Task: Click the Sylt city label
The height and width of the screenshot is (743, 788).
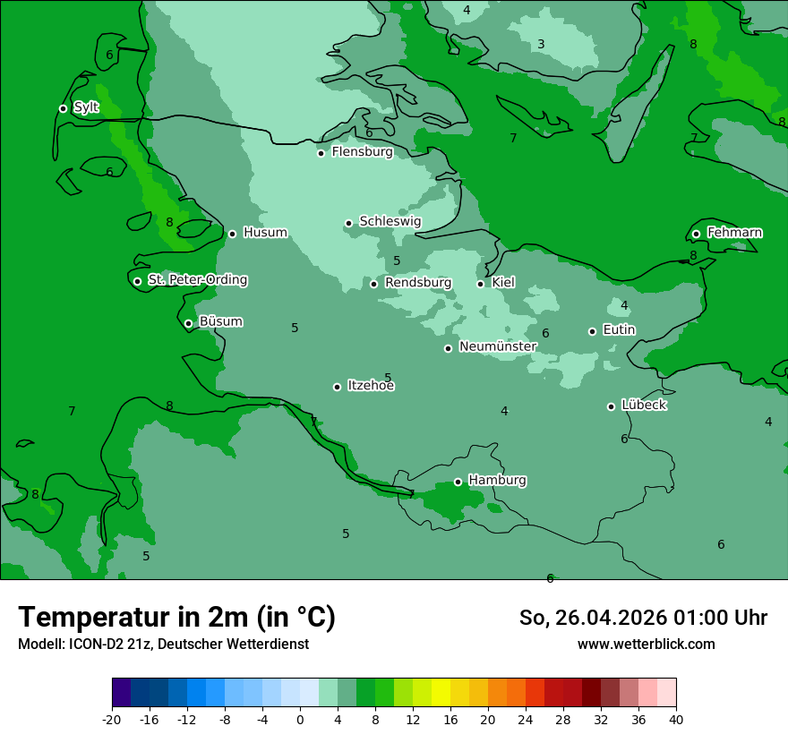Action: [x=86, y=107]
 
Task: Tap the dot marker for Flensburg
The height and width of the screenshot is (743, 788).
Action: [x=321, y=153]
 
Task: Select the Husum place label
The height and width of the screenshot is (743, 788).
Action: [x=265, y=233]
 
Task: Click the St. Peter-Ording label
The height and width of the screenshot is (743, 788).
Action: [x=197, y=280]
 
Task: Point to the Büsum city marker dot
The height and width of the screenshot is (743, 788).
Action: [x=188, y=323]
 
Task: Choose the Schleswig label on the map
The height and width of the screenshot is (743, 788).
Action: [x=390, y=221]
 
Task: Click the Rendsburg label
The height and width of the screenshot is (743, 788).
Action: [x=417, y=283]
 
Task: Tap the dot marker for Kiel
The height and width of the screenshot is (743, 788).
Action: [x=481, y=284]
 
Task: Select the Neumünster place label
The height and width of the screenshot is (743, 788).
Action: [x=498, y=346]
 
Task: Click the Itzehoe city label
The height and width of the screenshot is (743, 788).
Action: [x=371, y=386]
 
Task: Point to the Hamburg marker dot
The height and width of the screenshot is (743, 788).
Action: [x=458, y=482]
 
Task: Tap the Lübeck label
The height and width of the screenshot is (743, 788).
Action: [x=644, y=405]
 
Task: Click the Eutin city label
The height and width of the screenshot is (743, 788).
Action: [x=619, y=330]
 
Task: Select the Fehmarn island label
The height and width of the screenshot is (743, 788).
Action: [x=734, y=233]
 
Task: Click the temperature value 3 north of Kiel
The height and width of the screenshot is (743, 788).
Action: [x=541, y=44]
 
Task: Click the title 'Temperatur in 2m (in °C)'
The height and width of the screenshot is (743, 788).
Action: [x=176, y=617]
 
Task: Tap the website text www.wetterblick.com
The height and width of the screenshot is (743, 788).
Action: [x=646, y=644]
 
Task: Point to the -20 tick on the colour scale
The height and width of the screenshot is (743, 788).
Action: [x=112, y=719]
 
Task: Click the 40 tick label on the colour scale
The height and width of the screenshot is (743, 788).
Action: [x=675, y=719]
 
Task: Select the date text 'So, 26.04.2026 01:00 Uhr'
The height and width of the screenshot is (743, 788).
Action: [x=643, y=618]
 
